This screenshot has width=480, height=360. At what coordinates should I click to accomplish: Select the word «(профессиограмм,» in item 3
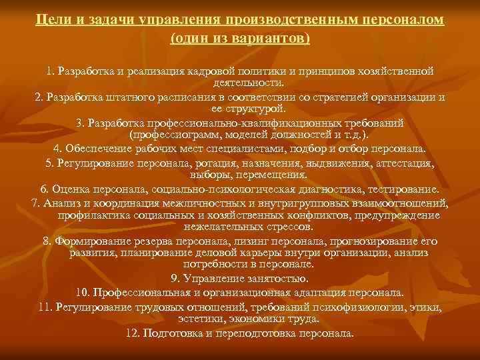[191, 135]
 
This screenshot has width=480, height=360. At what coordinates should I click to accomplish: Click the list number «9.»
[176, 279]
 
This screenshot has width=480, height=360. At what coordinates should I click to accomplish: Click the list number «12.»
[132, 333]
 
